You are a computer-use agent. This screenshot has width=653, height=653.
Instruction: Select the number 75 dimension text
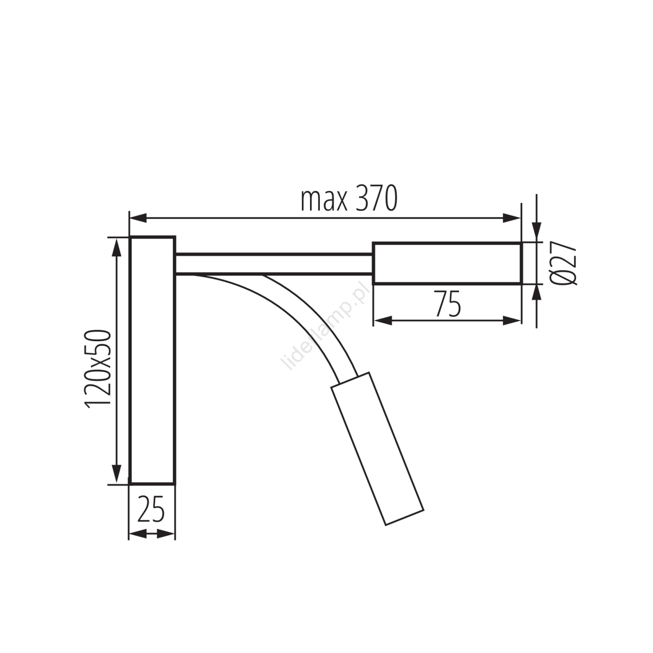[x=448, y=304]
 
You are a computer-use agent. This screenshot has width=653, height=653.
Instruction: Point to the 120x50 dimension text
[x=98, y=368]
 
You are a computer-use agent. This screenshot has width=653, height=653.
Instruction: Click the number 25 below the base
[x=151, y=509]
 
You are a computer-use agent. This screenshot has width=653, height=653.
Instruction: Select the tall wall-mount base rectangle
[x=153, y=360]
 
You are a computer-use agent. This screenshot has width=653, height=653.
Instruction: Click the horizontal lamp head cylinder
[x=447, y=263]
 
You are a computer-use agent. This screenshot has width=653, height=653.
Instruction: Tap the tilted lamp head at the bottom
[x=377, y=449]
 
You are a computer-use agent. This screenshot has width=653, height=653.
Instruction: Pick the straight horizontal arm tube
[x=274, y=264]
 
